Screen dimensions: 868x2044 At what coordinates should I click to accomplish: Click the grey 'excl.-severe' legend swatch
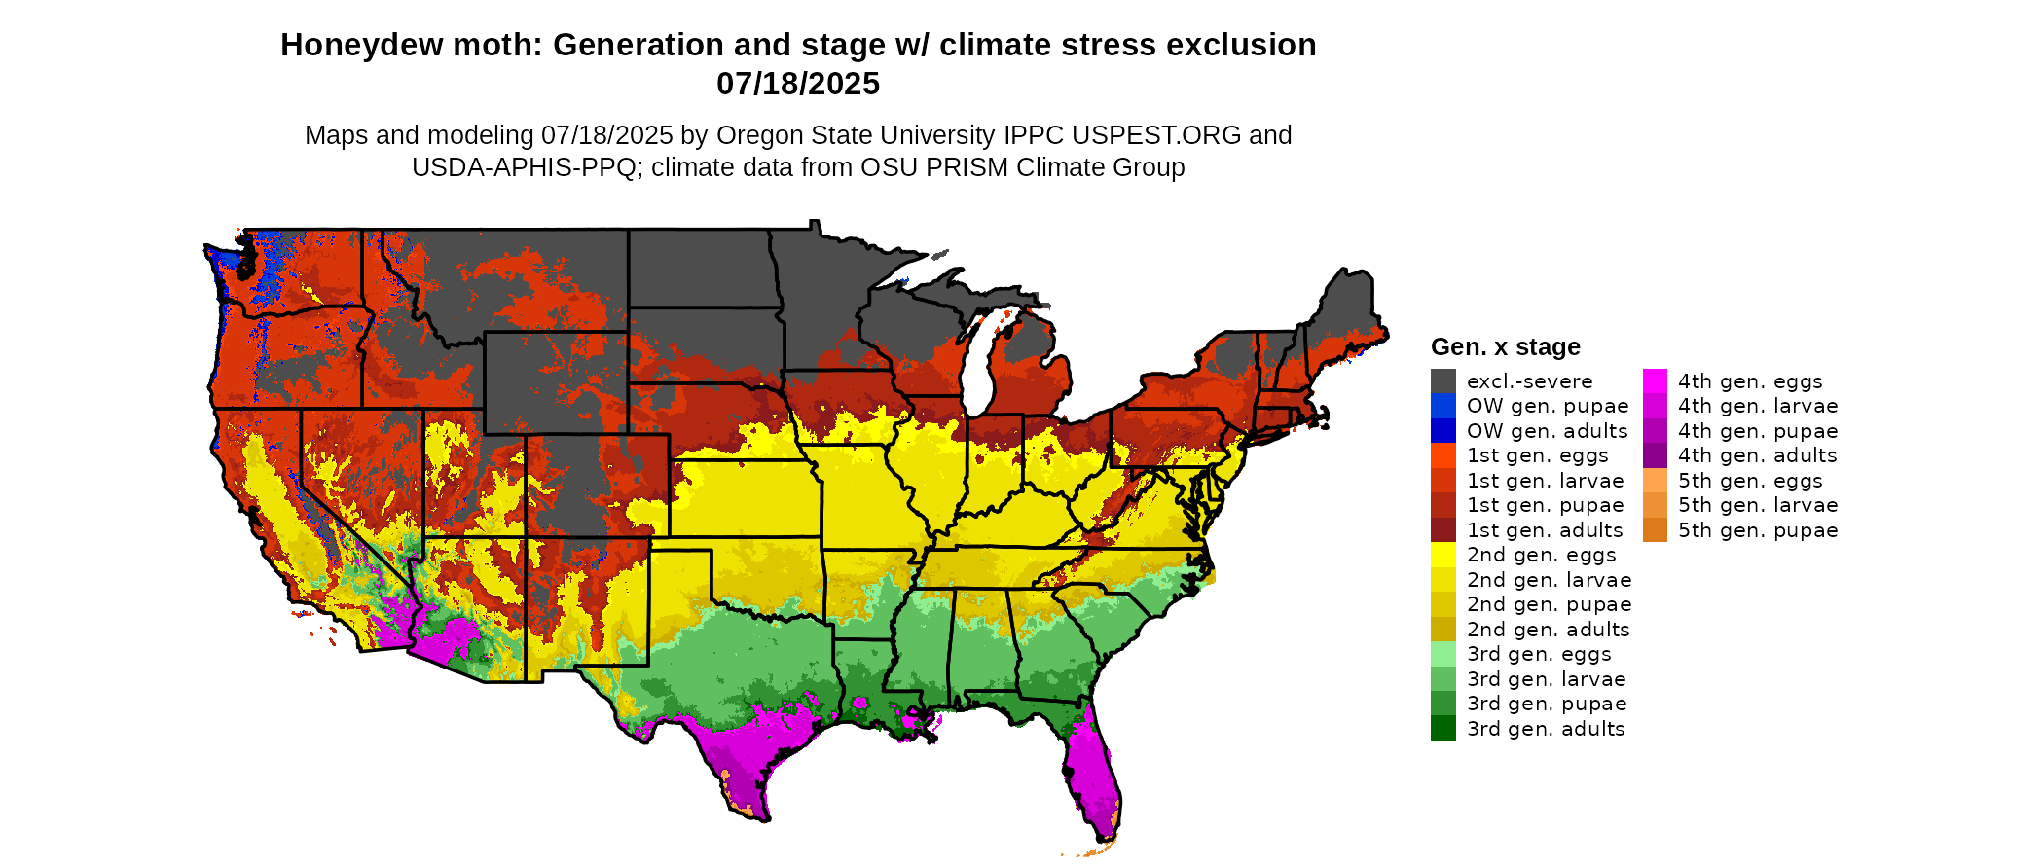(x=1442, y=381)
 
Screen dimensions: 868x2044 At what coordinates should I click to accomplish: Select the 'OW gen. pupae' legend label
(x=1548, y=406)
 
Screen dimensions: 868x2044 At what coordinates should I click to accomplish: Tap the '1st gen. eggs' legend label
(x=1538, y=455)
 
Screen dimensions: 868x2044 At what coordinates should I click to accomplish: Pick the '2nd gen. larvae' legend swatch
(x=1442, y=580)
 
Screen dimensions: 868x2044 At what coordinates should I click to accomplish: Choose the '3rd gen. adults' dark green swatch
(x=1442, y=729)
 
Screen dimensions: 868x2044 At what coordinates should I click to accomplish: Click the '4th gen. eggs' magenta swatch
(x=1655, y=381)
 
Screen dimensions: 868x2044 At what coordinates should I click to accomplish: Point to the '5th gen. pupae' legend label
(x=1758, y=530)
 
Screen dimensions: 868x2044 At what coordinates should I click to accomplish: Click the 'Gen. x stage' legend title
(x=1505, y=346)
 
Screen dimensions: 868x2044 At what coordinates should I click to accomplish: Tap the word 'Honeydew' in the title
(x=346, y=45)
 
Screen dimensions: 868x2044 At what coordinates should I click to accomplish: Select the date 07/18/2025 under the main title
(x=798, y=84)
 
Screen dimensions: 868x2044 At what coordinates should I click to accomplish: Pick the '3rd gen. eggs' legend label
(x=1539, y=654)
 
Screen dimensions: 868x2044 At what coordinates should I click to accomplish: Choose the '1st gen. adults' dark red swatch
(x=1442, y=530)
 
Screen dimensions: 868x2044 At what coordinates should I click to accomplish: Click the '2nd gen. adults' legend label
(x=1548, y=630)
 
